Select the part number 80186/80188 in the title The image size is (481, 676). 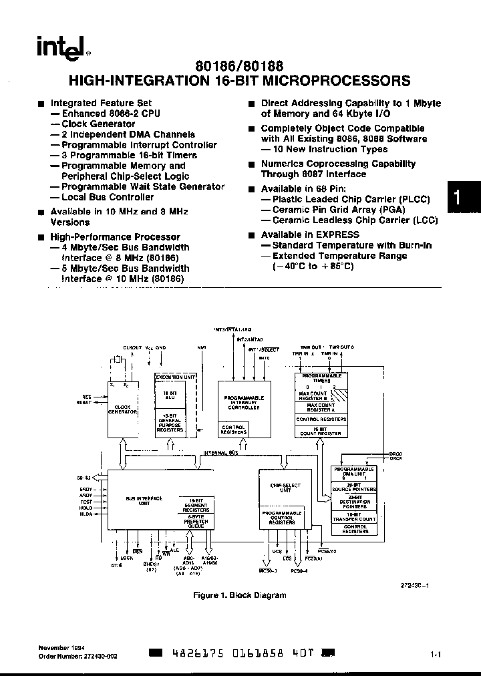point(240,66)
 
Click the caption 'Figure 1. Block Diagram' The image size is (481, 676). point(239,595)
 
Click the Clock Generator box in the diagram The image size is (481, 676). point(123,409)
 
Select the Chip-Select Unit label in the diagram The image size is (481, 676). point(290,488)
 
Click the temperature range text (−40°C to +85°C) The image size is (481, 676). point(313,266)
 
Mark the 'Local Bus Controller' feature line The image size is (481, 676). point(107,197)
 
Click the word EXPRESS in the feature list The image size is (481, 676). point(338,234)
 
